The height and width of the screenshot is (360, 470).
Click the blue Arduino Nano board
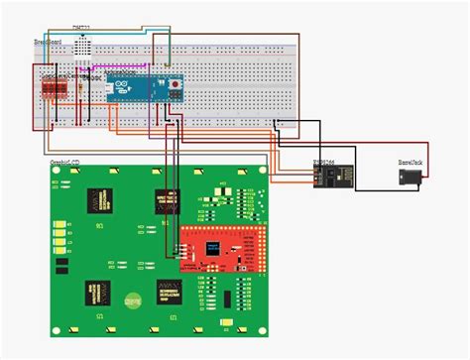coord(145,87)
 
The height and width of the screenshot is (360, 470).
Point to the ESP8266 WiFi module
coord(326,174)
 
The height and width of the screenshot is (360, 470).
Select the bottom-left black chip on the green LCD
coord(99,292)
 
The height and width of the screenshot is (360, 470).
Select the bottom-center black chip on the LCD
coord(169,291)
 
